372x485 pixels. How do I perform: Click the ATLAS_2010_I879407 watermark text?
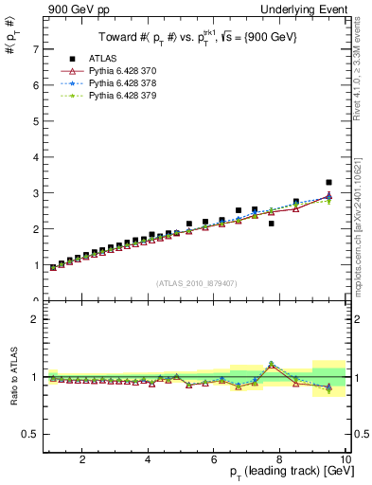[196, 283]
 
